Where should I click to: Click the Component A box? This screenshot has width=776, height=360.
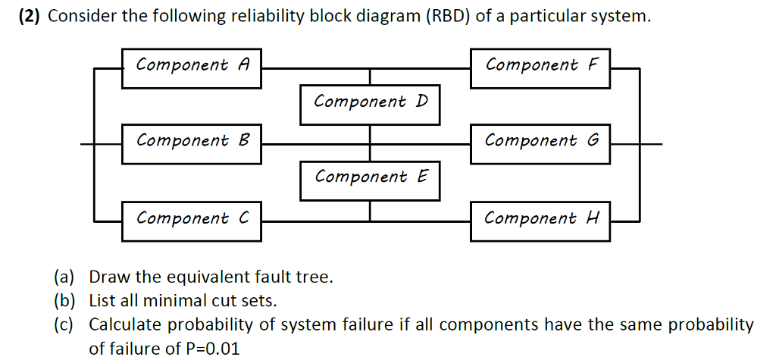coord(192,67)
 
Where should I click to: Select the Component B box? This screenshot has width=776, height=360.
coord(192,143)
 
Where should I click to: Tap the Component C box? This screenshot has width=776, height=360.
coord(192,221)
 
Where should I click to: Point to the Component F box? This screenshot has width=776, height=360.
coord(540,67)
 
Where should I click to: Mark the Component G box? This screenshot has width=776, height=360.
coord(540,143)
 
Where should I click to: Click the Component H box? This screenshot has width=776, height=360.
coord(540,221)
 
